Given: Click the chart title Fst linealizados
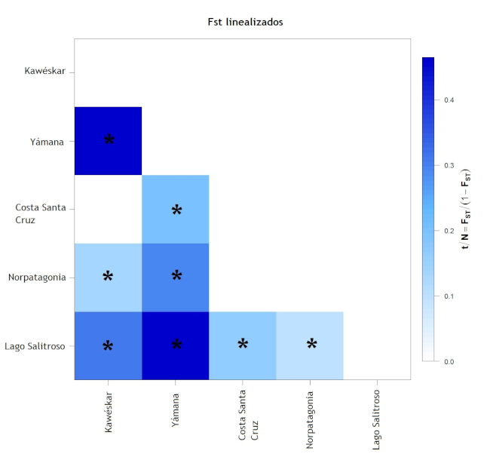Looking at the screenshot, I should [245, 22].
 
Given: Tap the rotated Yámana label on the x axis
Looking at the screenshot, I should [176, 409].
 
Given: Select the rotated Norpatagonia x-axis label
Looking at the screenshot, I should [310, 419].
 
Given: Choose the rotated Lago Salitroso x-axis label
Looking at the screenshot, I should [377, 420].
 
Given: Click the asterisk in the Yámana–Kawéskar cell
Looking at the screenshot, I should [109, 140].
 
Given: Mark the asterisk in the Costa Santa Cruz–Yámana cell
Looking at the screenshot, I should [176, 210].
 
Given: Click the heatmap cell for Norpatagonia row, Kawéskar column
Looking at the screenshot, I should [108, 277].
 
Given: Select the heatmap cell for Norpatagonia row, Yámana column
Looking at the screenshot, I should [176, 277].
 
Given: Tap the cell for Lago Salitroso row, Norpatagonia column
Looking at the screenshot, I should [310, 345].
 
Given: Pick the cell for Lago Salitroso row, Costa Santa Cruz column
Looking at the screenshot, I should [243, 345].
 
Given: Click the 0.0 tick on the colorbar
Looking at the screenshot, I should [448, 362].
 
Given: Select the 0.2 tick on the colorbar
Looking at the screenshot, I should [448, 231].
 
